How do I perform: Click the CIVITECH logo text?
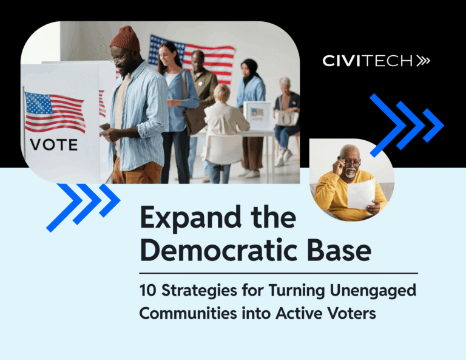click(x=368, y=61)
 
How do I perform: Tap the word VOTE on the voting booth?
click(x=54, y=145)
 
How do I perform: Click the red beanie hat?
click(x=126, y=38)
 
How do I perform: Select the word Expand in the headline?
click(x=190, y=218)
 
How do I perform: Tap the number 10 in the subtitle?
click(x=147, y=290)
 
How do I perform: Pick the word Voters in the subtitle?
click(x=351, y=313)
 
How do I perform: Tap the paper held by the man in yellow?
click(x=362, y=194)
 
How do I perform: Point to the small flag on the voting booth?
click(x=55, y=112)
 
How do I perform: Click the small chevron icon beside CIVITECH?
click(x=423, y=61)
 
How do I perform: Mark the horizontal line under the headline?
click(x=279, y=273)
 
